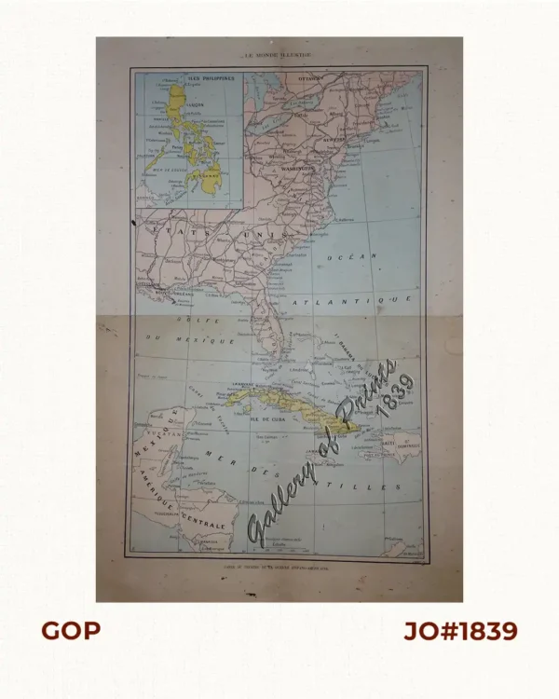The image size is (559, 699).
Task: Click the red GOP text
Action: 71,631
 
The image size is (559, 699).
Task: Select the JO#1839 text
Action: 460,631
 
